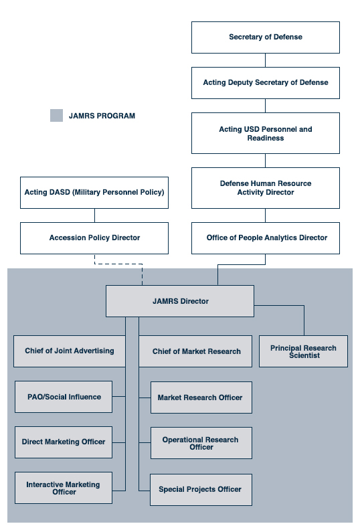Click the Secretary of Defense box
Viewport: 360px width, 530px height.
[x=265, y=37]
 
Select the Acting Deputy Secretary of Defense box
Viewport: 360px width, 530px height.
[x=265, y=83]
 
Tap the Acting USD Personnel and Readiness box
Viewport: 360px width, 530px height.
[x=265, y=133]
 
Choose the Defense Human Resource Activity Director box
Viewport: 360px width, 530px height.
[x=265, y=188]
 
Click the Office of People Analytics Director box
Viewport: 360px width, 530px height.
[x=265, y=238]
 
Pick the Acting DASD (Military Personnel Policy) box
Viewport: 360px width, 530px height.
[x=94, y=193]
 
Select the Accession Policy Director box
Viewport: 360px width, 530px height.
[x=94, y=238]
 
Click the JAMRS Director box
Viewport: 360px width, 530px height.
[x=180, y=301]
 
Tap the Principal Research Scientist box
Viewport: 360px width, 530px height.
[x=303, y=351]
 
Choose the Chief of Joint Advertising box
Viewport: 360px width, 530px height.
[x=69, y=351]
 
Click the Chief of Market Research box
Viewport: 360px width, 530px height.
[x=196, y=351]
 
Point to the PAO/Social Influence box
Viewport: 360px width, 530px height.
[x=64, y=397]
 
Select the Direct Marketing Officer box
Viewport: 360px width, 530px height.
[x=64, y=442]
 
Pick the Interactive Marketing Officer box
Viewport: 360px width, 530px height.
[x=64, y=488]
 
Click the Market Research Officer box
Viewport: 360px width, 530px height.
[x=201, y=397]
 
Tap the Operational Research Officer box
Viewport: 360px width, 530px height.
[x=201, y=443]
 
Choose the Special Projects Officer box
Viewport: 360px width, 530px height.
[x=201, y=489]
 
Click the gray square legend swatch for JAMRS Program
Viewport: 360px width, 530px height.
[x=57, y=116]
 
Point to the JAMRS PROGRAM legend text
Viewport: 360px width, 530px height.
[x=102, y=116]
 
